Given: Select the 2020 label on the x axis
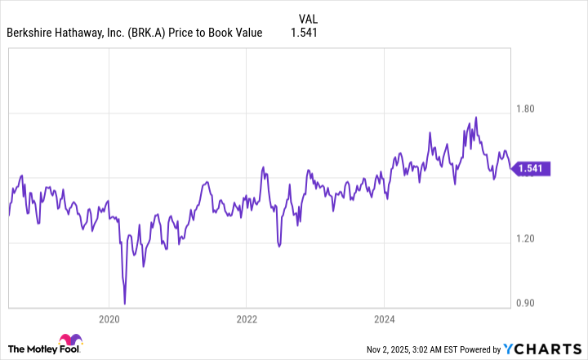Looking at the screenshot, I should click(x=109, y=318).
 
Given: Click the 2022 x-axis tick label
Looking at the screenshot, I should click(x=247, y=318).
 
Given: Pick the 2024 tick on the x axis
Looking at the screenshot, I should click(x=385, y=318).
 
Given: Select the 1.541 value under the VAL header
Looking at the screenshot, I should click(x=303, y=33).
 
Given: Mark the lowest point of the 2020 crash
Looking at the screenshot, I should click(x=125, y=304).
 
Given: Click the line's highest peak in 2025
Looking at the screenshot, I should click(x=475, y=117).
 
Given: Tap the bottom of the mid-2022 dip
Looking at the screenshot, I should click(x=278, y=245).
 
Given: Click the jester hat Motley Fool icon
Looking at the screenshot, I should click(x=69, y=343).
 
